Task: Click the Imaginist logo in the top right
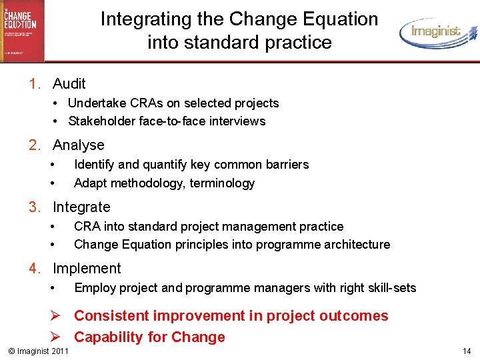pyautogui.click(x=437, y=31)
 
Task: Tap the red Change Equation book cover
pyautogui.click(x=22, y=31)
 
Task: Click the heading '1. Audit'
pyautogui.click(x=57, y=83)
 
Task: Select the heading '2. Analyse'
pyautogui.click(x=67, y=145)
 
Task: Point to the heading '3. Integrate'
pyautogui.click(x=69, y=207)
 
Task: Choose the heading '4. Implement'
pyautogui.click(x=75, y=268)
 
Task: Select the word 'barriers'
pyautogui.click(x=287, y=164)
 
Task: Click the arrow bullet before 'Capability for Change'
pyautogui.click(x=58, y=337)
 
